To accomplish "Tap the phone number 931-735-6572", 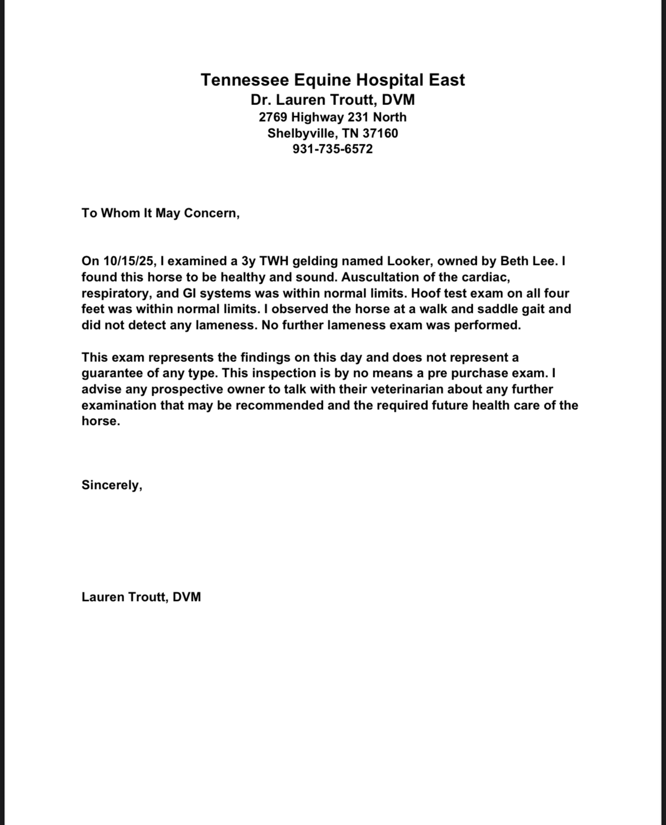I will point(332,149).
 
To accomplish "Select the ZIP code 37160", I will point(380,133).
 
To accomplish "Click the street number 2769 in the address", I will point(273,117).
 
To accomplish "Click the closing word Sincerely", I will point(110,485).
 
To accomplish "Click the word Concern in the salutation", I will point(210,213).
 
